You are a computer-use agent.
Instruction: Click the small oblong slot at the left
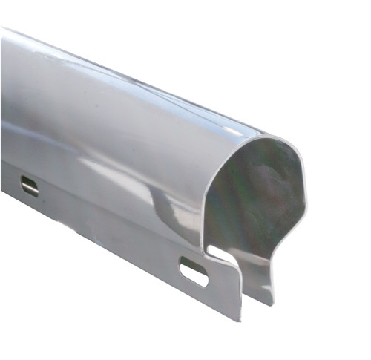(x=30, y=186)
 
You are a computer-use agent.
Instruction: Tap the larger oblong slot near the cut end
(x=194, y=272)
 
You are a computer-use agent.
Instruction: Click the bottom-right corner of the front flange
(x=240, y=319)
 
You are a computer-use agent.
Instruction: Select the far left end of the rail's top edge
(x=3, y=30)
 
